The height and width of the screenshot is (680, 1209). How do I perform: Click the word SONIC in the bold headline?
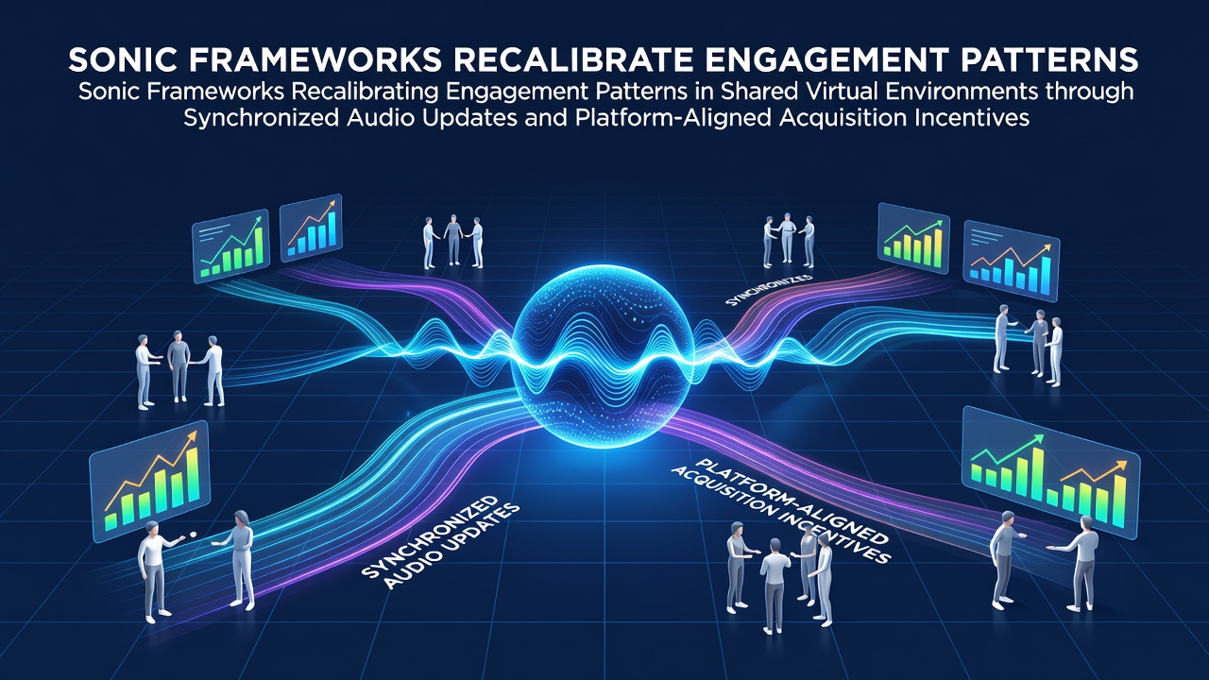pyautogui.click(x=124, y=59)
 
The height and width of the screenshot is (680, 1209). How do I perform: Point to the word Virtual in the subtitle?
pyautogui.click(x=848, y=92)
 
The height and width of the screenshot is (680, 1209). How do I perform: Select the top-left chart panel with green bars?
pyautogui.click(x=230, y=246)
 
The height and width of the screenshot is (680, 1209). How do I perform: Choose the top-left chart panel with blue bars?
pyautogui.click(x=311, y=228)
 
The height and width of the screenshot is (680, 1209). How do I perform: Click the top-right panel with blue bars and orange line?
pyautogui.click(x=1012, y=260)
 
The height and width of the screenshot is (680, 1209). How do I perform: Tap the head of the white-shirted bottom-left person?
pyautogui.click(x=152, y=529)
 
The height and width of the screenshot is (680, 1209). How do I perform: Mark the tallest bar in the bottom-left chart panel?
pyautogui.click(x=193, y=475)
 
